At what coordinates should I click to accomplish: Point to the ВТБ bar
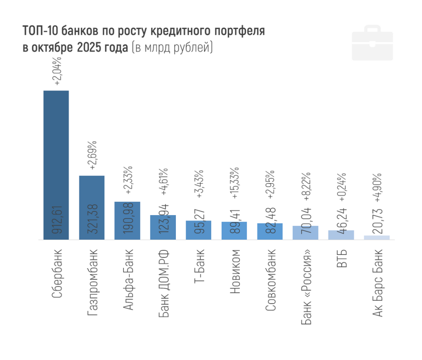point(341,235)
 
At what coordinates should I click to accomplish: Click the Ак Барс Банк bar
point(377,237)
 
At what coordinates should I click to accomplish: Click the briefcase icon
point(372,43)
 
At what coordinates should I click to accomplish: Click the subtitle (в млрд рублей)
point(172,48)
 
